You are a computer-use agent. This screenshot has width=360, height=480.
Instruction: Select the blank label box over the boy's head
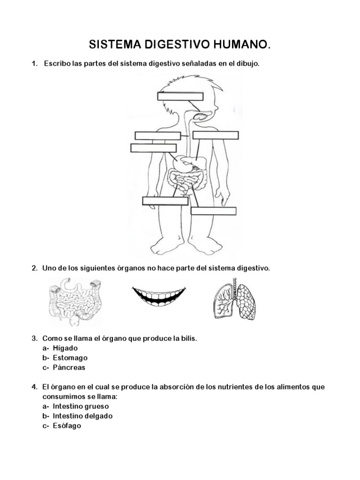(180, 96)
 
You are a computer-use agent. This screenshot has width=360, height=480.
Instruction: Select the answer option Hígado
(65, 348)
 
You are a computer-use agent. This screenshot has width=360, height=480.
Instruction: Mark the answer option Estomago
(70, 358)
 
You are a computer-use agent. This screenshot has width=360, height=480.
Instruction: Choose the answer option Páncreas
(69, 367)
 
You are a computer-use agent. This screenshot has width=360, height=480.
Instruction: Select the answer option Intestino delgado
(82, 416)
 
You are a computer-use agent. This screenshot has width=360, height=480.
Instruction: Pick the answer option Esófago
(67, 426)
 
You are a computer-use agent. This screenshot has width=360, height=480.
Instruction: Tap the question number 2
(34, 269)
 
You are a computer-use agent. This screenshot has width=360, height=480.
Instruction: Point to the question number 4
(34, 387)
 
